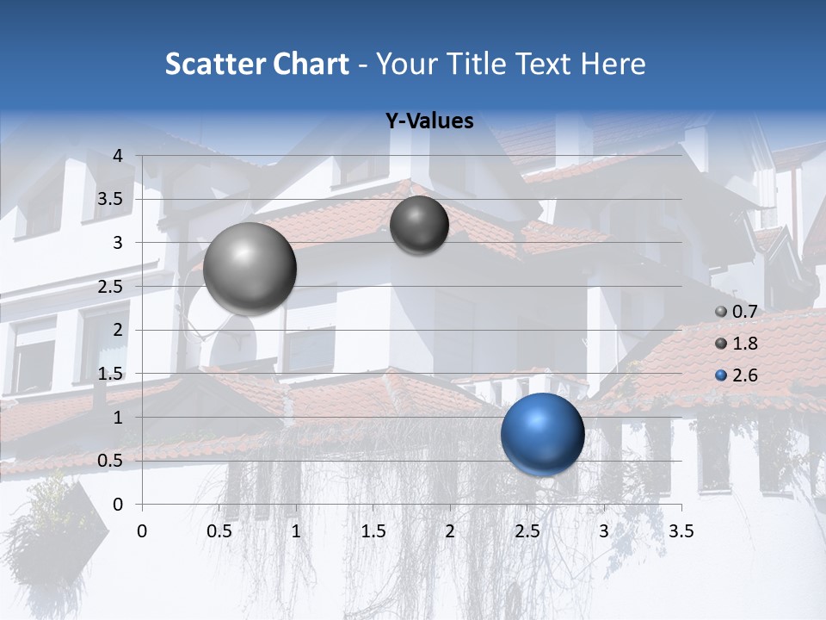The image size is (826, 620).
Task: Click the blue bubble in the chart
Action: [x=542, y=434]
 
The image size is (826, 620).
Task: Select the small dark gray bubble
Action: [x=419, y=226]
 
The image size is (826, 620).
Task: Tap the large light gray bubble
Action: [x=250, y=268]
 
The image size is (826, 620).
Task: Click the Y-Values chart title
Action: [x=429, y=121]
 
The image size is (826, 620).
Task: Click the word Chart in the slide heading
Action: [x=311, y=64]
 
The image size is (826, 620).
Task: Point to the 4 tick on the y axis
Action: [x=118, y=156]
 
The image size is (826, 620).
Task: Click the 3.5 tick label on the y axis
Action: [x=111, y=200]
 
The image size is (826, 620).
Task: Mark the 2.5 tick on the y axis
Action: [x=111, y=287]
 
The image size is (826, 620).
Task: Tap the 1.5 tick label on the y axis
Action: [x=111, y=374]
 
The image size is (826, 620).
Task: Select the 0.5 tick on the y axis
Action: [x=111, y=461]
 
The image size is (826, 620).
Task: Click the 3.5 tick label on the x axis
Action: [x=681, y=531]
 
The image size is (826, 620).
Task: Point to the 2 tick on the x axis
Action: [x=450, y=531]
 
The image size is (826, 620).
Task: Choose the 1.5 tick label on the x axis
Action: [x=373, y=531]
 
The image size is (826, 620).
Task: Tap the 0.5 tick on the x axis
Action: [x=219, y=531]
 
